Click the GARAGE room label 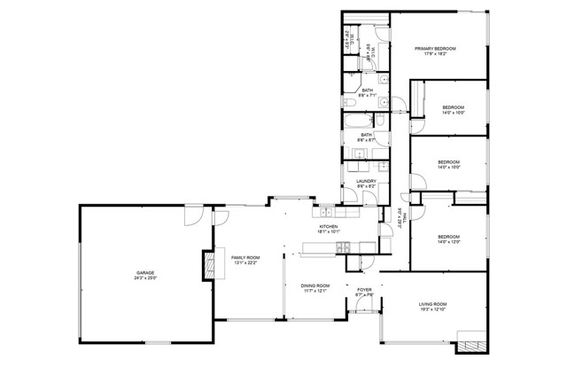[144, 272]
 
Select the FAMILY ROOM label [245, 256]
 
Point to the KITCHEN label [329, 227]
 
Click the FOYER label [364, 290]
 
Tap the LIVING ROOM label [433, 304]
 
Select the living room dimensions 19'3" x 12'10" [433, 310]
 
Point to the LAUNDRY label [367, 181]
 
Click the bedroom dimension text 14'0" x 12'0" [450, 242]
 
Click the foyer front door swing [364, 306]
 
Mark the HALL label [400, 216]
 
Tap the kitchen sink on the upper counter [326, 213]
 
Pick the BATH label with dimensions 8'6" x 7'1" [367, 90]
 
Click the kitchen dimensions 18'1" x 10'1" [329, 232]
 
